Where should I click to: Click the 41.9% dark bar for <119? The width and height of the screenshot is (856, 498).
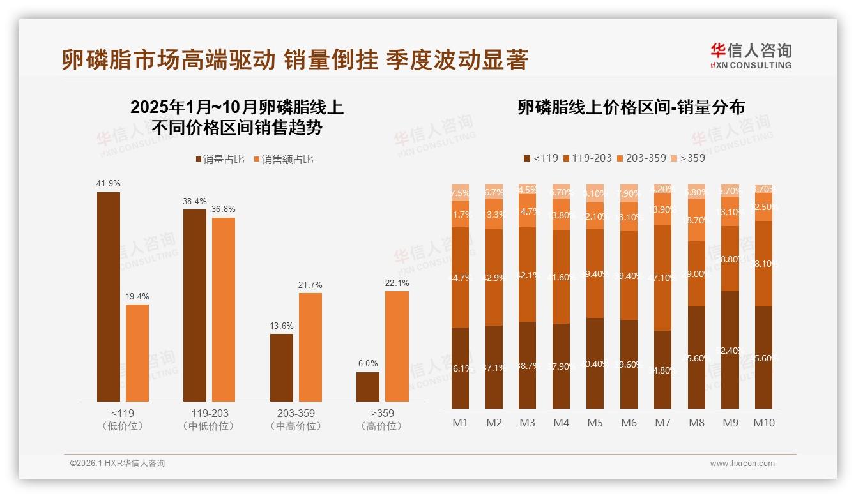coord(109,297)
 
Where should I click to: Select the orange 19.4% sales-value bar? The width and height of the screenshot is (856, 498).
coord(137,353)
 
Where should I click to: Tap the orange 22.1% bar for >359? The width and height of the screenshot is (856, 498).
coord(397,347)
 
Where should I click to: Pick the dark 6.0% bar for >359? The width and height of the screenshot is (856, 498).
coord(368,387)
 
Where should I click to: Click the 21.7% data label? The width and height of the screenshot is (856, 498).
coord(310,285)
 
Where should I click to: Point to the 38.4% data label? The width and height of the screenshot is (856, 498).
coord(195,201)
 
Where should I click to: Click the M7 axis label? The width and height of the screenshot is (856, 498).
coord(663,423)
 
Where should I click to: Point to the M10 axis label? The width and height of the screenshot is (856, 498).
coord(764,423)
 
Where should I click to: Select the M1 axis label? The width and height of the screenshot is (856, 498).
coord(460,423)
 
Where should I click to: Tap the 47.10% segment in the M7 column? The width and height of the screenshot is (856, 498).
coord(663,278)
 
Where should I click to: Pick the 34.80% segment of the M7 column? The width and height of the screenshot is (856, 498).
coord(663,370)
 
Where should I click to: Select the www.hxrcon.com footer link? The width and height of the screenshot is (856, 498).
coord(742,464)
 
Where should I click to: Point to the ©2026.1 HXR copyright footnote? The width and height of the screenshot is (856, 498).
coord(118,464)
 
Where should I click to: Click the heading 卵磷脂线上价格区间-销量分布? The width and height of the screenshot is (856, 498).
coord(631,107)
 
